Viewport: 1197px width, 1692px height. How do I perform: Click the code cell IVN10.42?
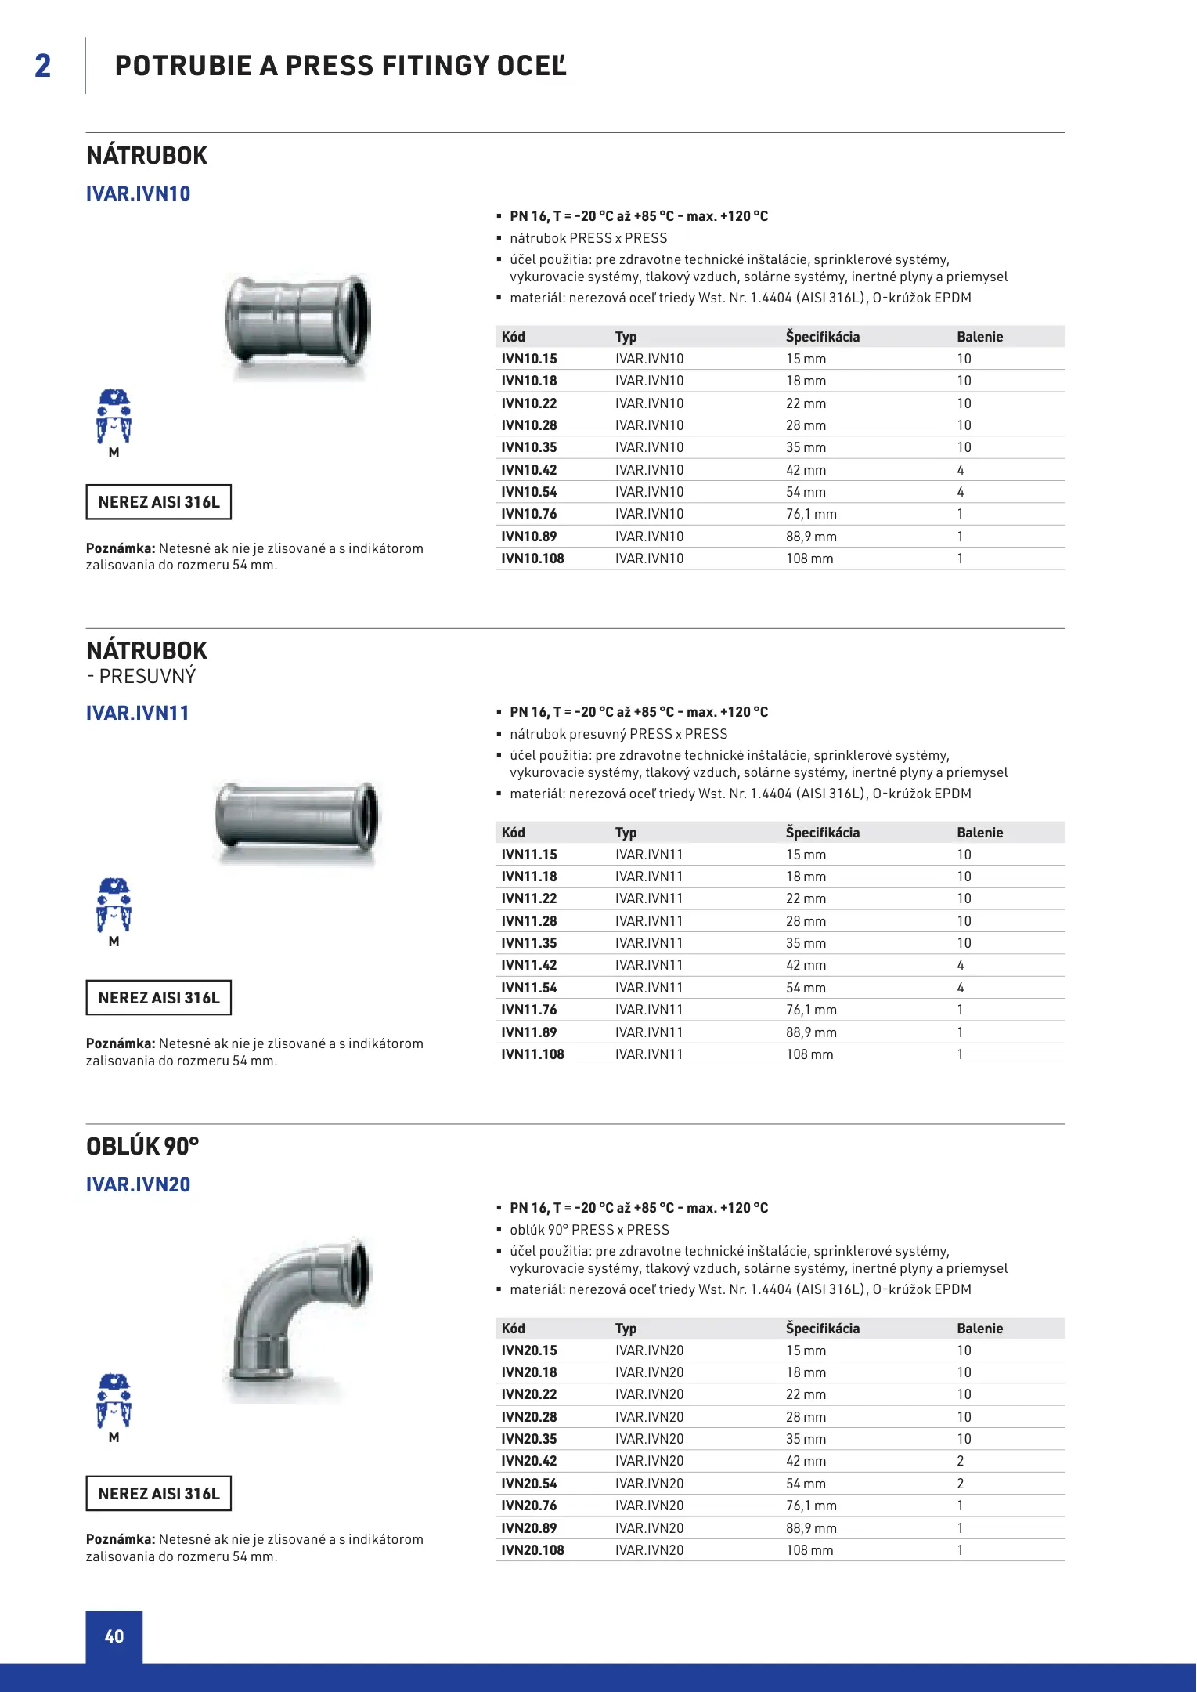point(529,470)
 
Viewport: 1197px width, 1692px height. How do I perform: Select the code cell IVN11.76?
point(529,1010)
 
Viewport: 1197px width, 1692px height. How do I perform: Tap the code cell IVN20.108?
point(532,1550)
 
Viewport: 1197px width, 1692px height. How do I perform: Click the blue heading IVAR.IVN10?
point(138,193)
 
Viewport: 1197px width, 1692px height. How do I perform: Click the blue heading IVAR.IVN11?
point(138,713)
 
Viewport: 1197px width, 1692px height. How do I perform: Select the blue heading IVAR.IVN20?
point(138,1184)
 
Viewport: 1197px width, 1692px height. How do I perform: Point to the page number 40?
point(114,1636)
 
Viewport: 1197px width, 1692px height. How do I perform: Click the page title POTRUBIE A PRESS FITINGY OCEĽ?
point(341,66)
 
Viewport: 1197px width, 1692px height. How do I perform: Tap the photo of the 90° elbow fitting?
point(298,1315)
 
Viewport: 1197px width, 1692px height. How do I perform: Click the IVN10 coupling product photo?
point(297,321)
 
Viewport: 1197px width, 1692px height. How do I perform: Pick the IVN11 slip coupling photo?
point(297,818)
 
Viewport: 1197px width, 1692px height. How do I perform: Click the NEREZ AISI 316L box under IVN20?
point(158,1494)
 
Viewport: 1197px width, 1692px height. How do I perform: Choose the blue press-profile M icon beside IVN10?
point(114,418)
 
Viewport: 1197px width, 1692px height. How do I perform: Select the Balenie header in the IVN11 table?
point(979,833)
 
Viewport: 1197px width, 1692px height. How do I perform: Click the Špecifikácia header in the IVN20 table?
point(822,1329)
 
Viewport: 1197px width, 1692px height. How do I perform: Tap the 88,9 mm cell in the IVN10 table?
point(811,537)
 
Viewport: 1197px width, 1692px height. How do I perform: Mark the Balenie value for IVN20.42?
point(961,1461)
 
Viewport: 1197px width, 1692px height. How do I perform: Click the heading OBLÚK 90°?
point(142,1147)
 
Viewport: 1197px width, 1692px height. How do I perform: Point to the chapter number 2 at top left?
point(43,66)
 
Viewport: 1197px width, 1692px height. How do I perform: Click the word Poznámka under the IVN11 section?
point(121,1043)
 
